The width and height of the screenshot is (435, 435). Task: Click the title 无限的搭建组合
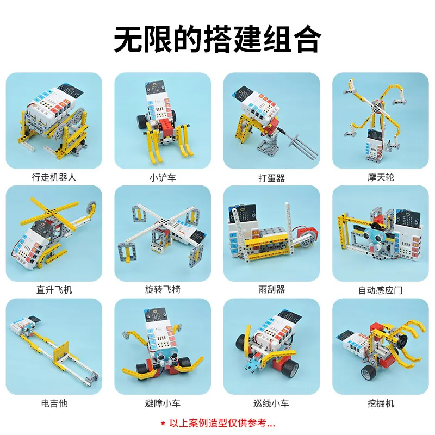(x=217, y=38)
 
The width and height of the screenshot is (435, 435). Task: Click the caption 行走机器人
(x=54, y=177)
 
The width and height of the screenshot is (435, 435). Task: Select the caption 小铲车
(x=163, y=177)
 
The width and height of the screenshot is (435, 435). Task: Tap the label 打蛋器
(x=271, y=178)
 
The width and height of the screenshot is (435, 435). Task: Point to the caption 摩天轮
(x=380, y=177)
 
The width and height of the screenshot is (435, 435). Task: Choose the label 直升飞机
(x=54, y=290)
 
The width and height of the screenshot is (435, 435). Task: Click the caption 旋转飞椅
(x=163, y=290)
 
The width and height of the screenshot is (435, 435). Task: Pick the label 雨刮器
(x=271, y=290)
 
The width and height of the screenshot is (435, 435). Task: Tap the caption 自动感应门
(x=380, y=290)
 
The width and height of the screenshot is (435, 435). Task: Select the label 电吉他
(x=54, y=403)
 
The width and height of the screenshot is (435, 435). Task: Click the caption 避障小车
(x=163, y=403)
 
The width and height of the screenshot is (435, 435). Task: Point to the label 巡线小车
(x=271, y=403)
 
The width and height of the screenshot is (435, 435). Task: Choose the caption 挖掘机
(x=380, y=403)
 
